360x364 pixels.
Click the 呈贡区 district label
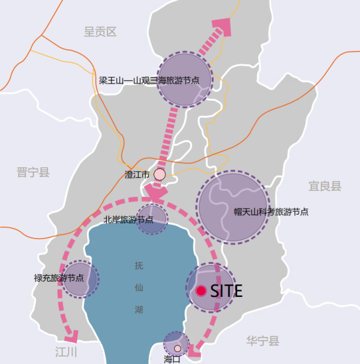(100, 32)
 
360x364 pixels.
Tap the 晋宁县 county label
(33, 173)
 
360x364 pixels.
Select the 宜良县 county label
(325, 186)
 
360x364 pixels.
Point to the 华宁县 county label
(263, 341)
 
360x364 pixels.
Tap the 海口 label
(172, 359)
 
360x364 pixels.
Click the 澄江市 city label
(137, 175)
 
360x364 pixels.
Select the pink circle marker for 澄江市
(160, 175)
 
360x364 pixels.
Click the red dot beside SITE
(201, 291)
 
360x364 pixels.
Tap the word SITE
(226, 291)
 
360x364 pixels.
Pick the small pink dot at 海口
(178, 348)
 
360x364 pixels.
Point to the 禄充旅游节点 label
(58, 278)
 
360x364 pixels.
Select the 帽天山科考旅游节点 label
(271, 212)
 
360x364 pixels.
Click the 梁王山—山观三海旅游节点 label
(154, 80)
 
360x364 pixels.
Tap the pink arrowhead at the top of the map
(222, 27)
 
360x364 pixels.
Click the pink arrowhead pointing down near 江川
(74, 335)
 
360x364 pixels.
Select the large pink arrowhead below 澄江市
(155, 193)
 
